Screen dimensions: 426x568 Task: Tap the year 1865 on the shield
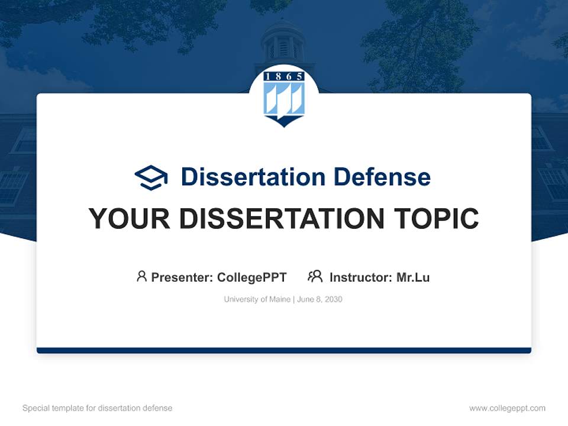[284, 76]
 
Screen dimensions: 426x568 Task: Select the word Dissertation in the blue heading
[253, 177]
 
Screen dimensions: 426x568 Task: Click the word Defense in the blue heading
[382, 177]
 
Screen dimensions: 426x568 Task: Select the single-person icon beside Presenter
[141, 276]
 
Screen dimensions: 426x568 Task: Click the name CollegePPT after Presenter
[252, 277]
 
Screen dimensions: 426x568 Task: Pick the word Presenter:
[182, 277]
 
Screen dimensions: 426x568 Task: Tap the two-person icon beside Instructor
[315, 276]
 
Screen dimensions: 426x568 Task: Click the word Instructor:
[360, 277]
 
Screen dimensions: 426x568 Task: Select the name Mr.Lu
[413, 277]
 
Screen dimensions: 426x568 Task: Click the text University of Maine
[257, 299]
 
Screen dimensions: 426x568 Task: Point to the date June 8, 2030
[319, 299]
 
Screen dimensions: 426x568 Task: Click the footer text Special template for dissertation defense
[97, 408]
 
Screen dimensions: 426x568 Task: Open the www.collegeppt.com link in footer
[507, 408]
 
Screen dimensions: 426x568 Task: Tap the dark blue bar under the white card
[284, 350]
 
